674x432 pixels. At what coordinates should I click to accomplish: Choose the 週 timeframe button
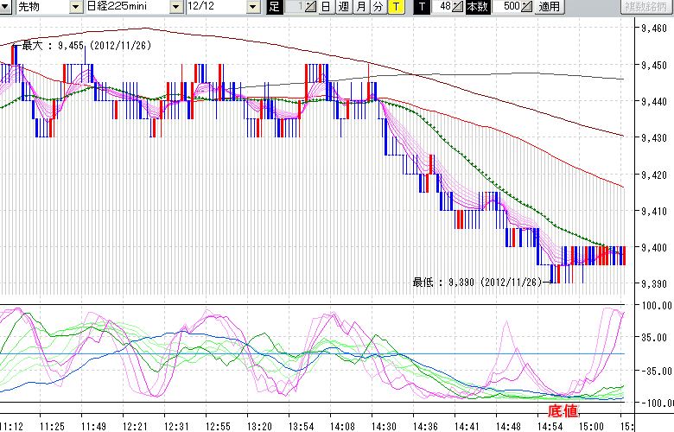pyautogui.click(x=343, y=7)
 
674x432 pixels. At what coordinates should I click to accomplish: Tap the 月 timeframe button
pyautogui.click(x=360, y=7)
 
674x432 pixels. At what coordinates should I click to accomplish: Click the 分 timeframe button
pyautogui.click(x=378, y=7)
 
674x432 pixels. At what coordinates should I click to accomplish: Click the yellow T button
pyautogui.click(x=395, y=7)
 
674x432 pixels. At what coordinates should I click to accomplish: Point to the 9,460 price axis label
pyautogui.click(x=650, y=28)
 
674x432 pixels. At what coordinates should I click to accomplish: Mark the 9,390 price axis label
pyautogui.click(x=650, y=284)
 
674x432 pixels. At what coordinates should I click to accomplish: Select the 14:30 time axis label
pyautogui.click(x=384, y=426)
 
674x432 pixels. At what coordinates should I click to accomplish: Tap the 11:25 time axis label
pyautogui.click(x=53, y=426)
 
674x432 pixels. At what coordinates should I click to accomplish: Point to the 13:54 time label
pyautogui.click(x=301, y=426)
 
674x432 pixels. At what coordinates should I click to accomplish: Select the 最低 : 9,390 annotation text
pyautogui.click(x=476, y=282)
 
